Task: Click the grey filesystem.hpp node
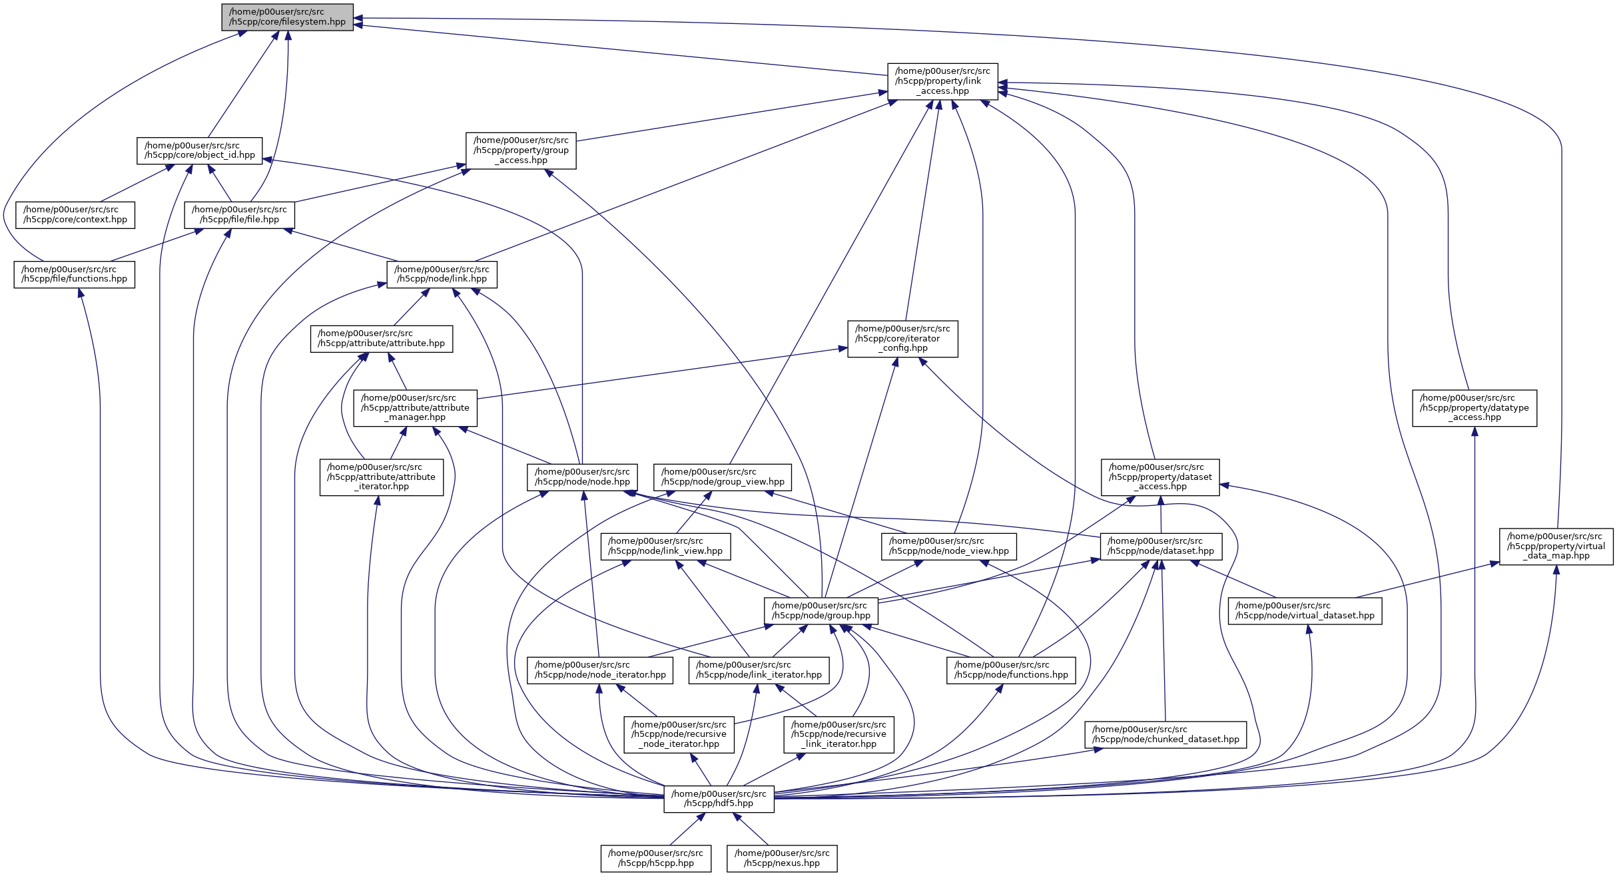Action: [x=287, y=17]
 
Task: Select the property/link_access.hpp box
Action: [x=942, y=81]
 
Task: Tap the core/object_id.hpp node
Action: [x=200, y=150]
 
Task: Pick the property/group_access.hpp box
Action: [x=521, y=150]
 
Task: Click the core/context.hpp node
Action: [x=75, y=215]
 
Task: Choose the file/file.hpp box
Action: [x=239, y=215]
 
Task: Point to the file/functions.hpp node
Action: [x=75, y=274]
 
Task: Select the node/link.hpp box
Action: [x=442, y=274]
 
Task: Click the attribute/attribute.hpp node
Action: [x=381, y=339]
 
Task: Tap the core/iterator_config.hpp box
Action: [x=902, y=339]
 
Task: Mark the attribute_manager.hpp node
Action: [x=415, y=408]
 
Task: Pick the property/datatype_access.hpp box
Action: [x=1474, y=408]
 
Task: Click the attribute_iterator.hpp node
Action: [x=381, y=477]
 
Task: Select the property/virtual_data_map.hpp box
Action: [x=1556, y=547]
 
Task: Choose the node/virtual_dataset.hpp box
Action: [x=1305, y=611]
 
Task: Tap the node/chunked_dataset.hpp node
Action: [x=1165, y=735]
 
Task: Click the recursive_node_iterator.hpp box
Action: [x=679, y=735]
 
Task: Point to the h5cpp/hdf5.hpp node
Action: [x=719, y=799]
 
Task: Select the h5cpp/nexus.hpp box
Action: [x=782, y=859]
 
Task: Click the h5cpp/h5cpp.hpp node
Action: [x=655, y=859]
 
